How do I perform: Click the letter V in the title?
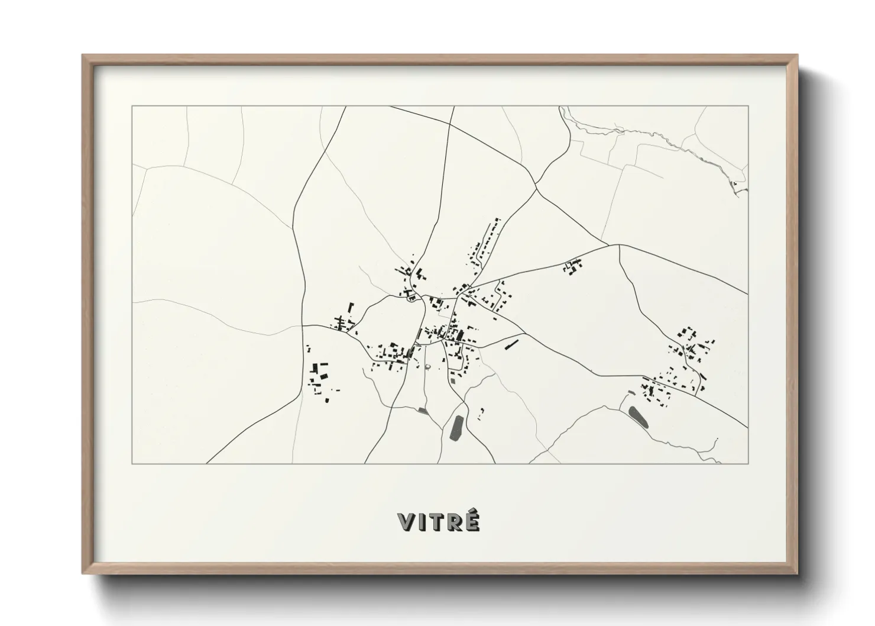tap(406, 522)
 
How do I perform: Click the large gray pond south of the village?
tap(456, 428)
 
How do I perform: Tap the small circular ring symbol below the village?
tap(427, 368)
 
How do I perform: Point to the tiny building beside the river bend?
tap(735, 184)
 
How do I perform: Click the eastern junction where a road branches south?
tap(619, 246)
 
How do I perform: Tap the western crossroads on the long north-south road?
tap(302, 325)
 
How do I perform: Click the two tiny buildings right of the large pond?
tap(481, 413)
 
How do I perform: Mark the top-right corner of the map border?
tap(748, 106)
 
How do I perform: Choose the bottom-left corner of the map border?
tap(132, 463)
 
